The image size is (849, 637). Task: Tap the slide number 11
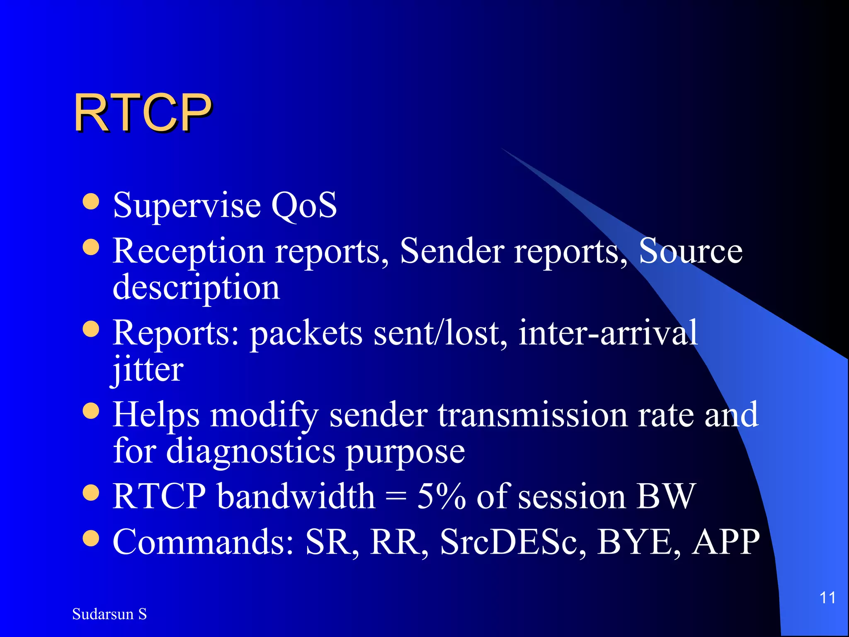[x=827, y=598]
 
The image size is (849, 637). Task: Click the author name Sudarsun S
[x=109, y=614]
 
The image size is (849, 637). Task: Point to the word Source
[x=690, y=251]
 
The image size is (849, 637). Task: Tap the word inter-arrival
[x=608, y=333]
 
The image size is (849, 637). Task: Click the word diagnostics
[x=251, y=452]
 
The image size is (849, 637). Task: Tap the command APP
[x=726, y=542]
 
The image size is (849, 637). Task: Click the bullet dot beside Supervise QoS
[x=91, y=202]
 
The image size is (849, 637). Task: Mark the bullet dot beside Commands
[x=91, y=538]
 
